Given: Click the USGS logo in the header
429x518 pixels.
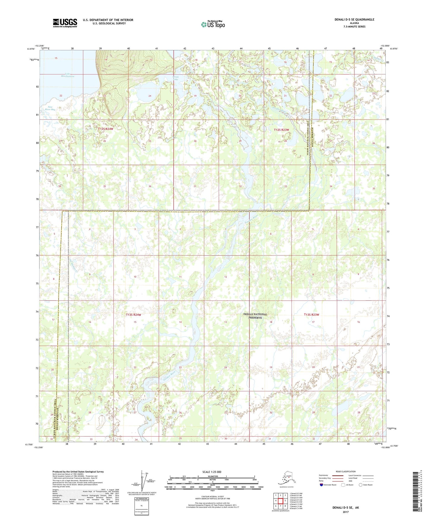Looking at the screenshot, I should tap(65, 23).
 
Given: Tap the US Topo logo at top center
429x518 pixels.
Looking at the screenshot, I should tap(213, 24).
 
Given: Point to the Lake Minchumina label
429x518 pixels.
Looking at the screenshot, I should tap(68, 75).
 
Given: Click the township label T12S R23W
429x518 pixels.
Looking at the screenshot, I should tap(281, 130).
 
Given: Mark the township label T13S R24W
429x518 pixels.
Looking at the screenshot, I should tap(133, 314).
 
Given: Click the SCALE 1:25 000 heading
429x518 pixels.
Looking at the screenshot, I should tap(212, 472).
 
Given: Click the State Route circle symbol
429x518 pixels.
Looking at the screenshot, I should tap(360, 485).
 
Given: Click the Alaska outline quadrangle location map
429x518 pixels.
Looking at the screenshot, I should tap(286, 479).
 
